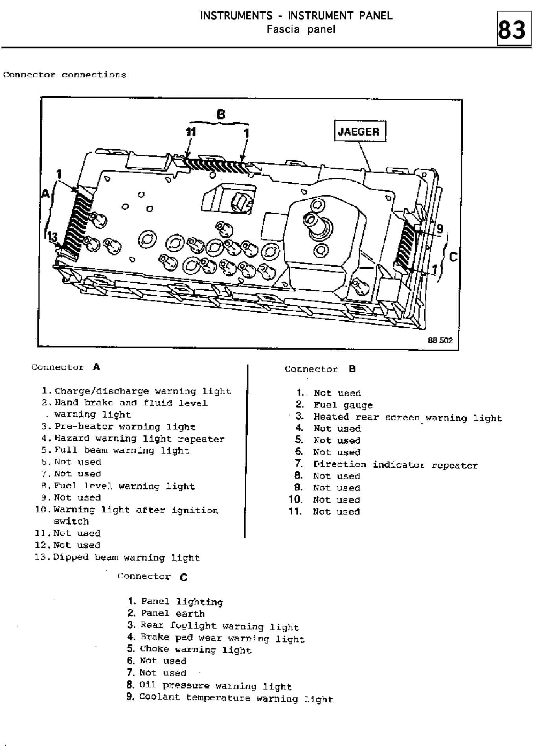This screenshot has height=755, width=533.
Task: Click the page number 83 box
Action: [x=511, y=28]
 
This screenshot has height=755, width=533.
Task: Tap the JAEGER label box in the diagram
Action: [x=360, y=131]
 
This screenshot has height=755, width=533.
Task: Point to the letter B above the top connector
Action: [x=221, y=114]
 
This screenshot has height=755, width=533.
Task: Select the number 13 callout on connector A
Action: [x=52, y=237]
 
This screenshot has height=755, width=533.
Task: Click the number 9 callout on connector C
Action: [x=440, y=229]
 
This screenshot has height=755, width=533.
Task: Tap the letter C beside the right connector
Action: [x=453, y=257]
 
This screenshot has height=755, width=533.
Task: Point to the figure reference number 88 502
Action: [x=440, y=340]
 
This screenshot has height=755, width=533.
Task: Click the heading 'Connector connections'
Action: [x=65, y=75]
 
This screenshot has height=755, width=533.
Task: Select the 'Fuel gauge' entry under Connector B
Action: [x=343, y=405]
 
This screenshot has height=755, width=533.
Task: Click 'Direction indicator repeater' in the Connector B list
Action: [x=395, y=465]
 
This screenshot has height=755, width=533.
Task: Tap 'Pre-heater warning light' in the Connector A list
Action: [x=125, y=427]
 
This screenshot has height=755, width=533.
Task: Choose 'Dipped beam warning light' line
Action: [x=127, y=557]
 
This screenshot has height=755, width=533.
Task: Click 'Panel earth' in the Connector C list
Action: [x=173, y=613]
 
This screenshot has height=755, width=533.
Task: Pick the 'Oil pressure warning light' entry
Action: [x=215, y=686]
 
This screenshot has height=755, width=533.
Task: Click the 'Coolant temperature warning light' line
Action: [x=236, y=698]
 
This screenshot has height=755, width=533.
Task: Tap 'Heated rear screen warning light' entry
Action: [x=408, y=417]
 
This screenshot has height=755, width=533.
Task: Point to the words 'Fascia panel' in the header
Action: [x=301, y=29]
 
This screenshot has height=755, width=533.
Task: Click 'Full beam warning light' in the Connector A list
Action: [x=122, y=450]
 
